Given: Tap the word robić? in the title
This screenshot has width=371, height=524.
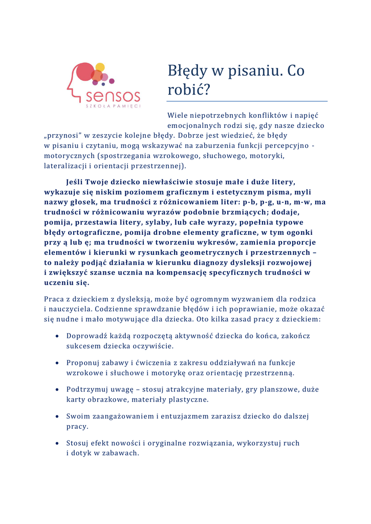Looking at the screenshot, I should tap(188, 90).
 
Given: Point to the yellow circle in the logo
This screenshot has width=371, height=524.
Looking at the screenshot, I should tap(100, 67).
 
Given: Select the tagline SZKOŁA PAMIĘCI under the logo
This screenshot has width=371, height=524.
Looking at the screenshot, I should tap(113, 106).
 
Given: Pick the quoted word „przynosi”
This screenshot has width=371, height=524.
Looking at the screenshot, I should tap(62, 136).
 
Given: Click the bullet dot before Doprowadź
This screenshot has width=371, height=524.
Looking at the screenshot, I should tap(56, 336).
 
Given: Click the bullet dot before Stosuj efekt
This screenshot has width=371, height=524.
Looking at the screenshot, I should tap(56, 443).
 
